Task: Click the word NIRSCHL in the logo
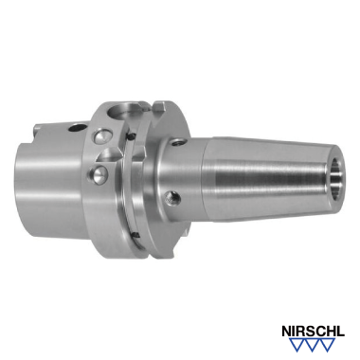click(313, 332)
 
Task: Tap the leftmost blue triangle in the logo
click(297, 344)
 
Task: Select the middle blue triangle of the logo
click(313, 344)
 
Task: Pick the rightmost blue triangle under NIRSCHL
click(328, 344)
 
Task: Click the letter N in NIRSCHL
click(287, 332)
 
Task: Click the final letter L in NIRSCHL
click(341, 332)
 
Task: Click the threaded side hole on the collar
click(173, 197)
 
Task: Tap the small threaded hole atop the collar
click(177, 142)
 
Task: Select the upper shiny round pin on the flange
click(101, 136)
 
